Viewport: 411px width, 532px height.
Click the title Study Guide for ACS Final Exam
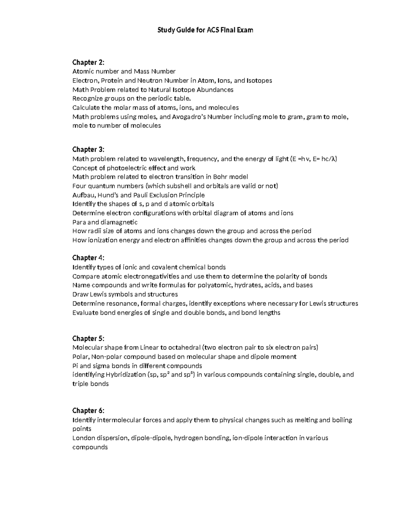click(205, 30)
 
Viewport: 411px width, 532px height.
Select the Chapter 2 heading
click(88, 62)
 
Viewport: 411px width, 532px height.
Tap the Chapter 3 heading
click(88, 149)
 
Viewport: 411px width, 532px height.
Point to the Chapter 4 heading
click(88, 258)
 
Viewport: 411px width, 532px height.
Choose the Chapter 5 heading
click(88, 338)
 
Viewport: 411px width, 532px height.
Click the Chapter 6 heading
click(88, 410)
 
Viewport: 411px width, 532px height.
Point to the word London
click(83, 438)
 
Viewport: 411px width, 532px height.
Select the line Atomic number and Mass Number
click(124, 72)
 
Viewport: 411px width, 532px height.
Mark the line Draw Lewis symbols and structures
click(125, 294)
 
